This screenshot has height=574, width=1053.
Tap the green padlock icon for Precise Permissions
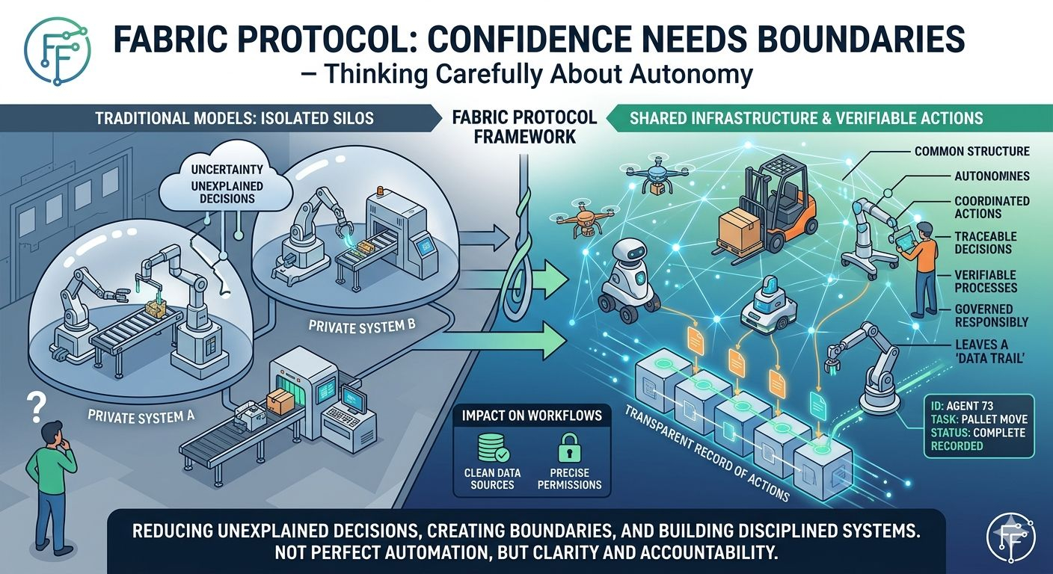coord(569,449)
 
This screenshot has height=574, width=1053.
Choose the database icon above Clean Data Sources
coord(492,448)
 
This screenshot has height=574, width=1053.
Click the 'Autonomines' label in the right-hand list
coord(992,177)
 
